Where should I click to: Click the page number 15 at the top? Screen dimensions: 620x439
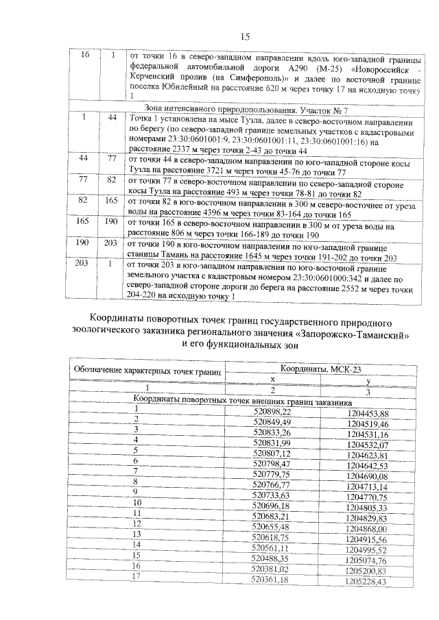click(245, 36)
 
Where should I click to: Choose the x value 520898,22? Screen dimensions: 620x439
click(272, 412)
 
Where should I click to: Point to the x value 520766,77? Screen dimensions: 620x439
click(272, 485)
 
